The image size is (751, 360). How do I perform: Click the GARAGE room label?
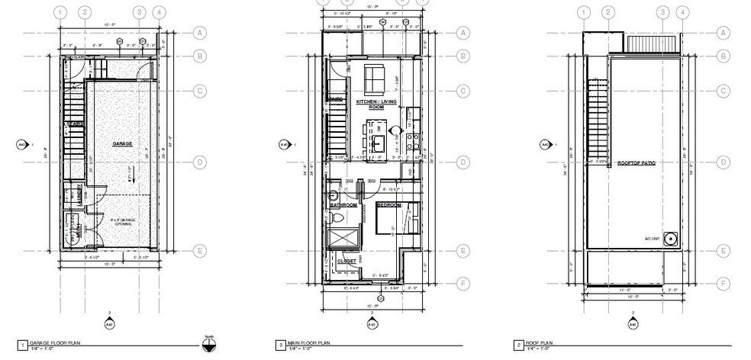coord(122,143)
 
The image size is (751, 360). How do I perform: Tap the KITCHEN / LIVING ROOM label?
coord(375,104)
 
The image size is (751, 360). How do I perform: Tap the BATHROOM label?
coord(343,205)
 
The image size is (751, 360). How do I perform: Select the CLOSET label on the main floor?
coord(347,262)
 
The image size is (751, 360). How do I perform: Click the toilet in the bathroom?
coord(337,219)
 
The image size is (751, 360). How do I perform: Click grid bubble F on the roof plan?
coord(724,282)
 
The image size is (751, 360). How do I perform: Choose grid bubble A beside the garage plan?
coord(201,33)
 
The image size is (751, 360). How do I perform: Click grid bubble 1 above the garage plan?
coord(61,12)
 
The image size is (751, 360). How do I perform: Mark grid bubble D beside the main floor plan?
coord(463,162)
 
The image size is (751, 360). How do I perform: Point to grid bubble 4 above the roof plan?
coord(682,12)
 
